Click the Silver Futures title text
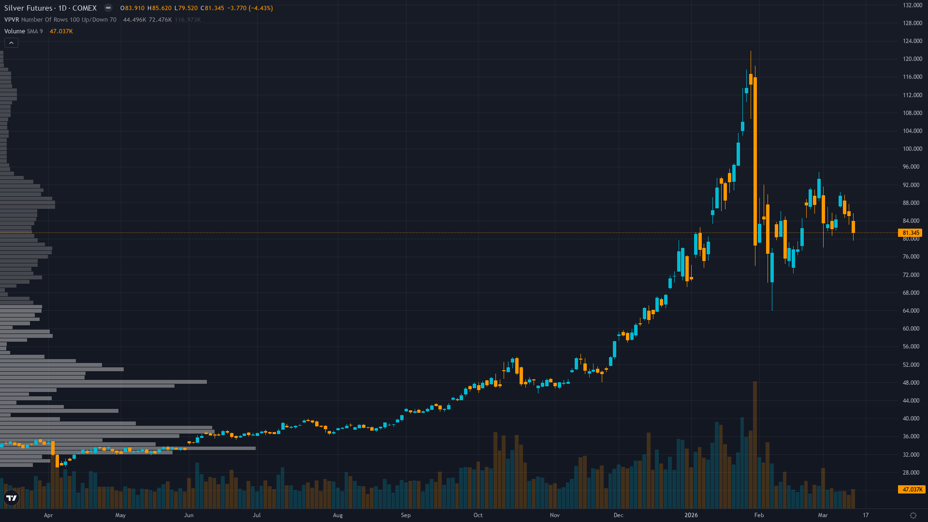[28, 8]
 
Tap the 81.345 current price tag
[911, 233]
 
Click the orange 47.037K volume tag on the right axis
[912, 490]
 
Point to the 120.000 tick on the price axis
[913, 59]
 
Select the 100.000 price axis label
[913, 149]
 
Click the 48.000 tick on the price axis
[911, 383]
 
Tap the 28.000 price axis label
[911, 473]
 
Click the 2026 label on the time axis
[691, 515]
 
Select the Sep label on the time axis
[406, 515]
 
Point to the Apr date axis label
[48, 515]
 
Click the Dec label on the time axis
[618, 515]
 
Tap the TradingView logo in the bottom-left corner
[12, 498]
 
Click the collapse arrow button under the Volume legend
[11, 43]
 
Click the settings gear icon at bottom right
[913, 515]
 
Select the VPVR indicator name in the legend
[12, 20]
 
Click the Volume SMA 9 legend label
[23, 31]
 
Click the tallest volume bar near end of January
[755, 445]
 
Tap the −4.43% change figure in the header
[261, 8]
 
